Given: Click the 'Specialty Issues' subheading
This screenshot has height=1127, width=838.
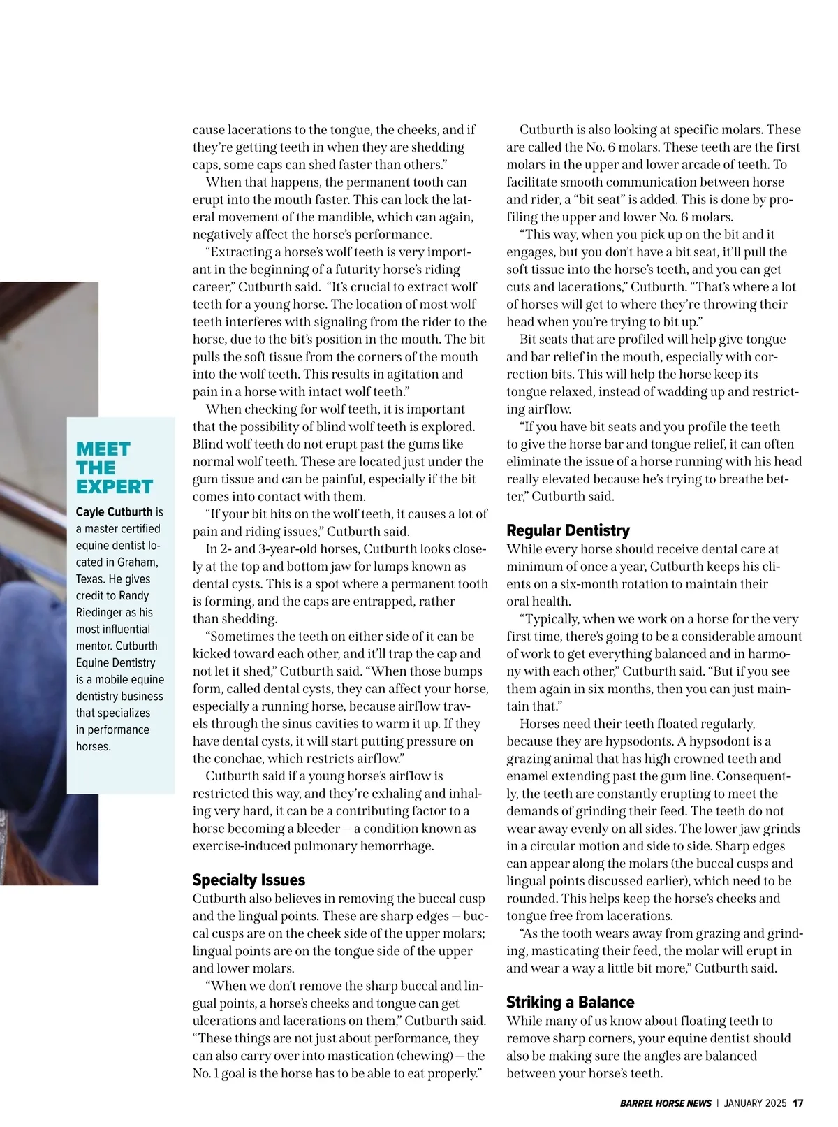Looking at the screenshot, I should pos(249,880).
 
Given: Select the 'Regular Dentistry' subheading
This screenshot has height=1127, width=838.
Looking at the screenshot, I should pos(568,530).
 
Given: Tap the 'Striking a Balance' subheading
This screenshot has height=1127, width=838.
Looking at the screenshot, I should pos(570,1002).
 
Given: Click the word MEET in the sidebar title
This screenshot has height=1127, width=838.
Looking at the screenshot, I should pos(103,449).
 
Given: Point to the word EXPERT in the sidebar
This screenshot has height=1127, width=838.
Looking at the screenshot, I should pos(115,486).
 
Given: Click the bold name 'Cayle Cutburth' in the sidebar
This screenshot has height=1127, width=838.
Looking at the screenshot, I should pos(114,512).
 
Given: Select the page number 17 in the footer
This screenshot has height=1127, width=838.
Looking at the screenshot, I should pos(797,1103).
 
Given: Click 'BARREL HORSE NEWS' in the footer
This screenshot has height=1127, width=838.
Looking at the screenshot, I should pos(666,1103).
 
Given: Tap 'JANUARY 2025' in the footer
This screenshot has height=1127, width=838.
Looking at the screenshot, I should pos(755,1103).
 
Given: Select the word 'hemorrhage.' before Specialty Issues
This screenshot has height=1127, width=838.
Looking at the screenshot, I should pos(397,846).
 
